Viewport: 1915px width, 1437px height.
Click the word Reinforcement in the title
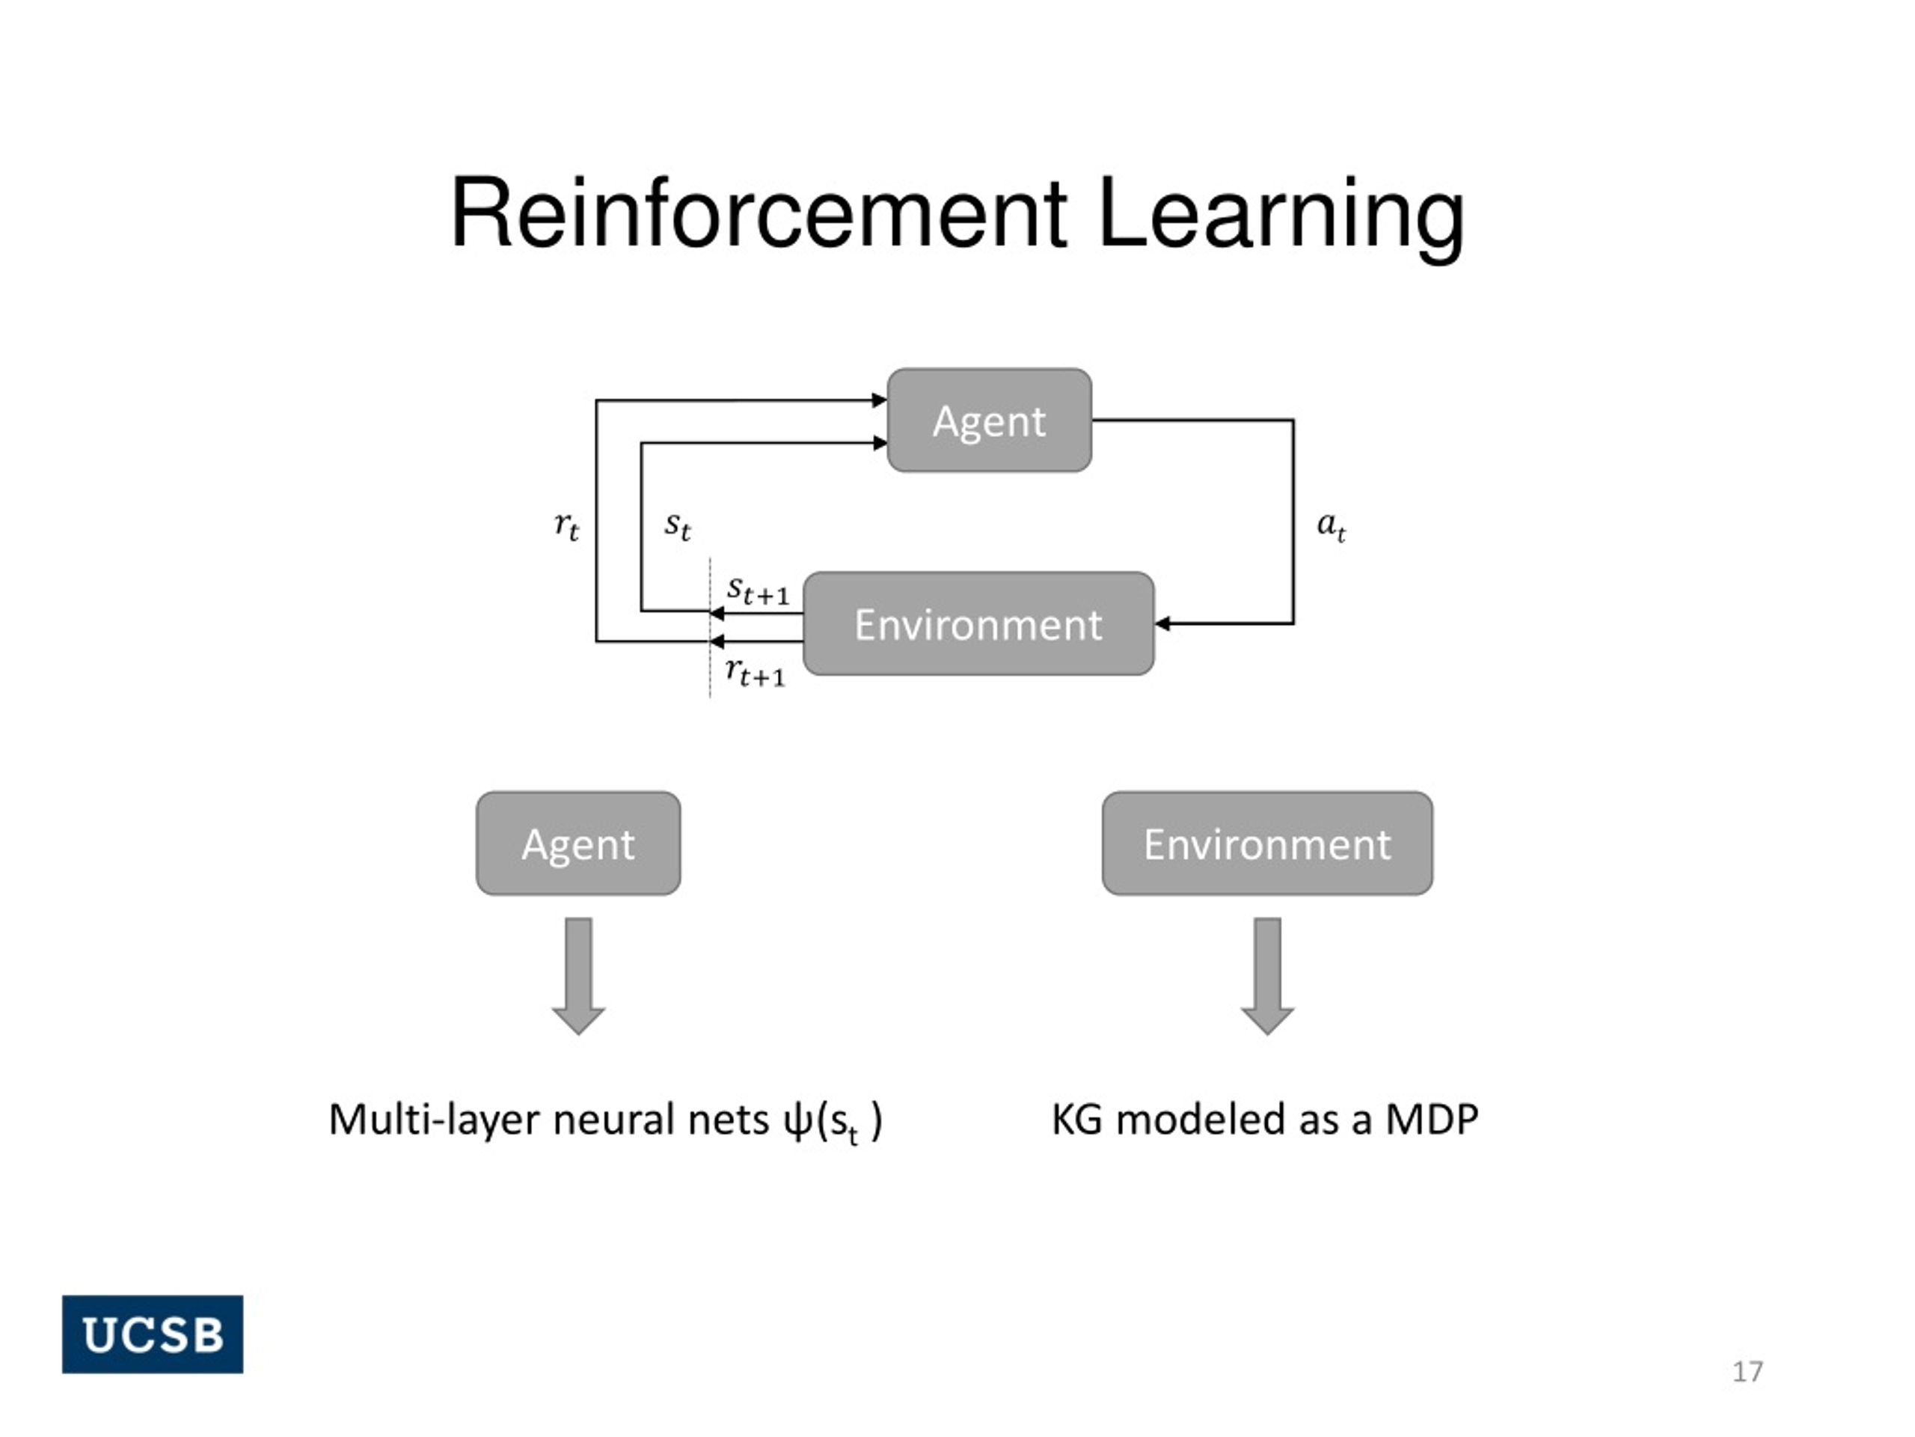(759, 213)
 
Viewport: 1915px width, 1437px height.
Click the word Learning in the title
(1281, 216)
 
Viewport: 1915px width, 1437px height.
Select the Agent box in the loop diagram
(990, 420)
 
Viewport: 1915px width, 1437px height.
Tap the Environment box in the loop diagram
(978, 623)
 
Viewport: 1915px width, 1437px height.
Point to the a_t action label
(1331, 525)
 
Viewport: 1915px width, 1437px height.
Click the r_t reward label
(567, 525)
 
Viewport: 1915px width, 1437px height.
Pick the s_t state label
(678, 525)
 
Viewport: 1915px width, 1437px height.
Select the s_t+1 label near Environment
(759, 591)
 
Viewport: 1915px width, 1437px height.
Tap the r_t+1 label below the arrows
(756, 672)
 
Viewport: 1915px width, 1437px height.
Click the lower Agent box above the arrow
(578, 843)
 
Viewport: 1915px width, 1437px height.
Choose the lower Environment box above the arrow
(1267, 843)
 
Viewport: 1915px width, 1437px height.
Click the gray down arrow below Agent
(578, 976)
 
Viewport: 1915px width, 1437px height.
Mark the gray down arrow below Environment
(1267, 976)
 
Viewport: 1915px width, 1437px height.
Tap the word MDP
(1432, 1119)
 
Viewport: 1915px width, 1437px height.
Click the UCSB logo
(153, 1334)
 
